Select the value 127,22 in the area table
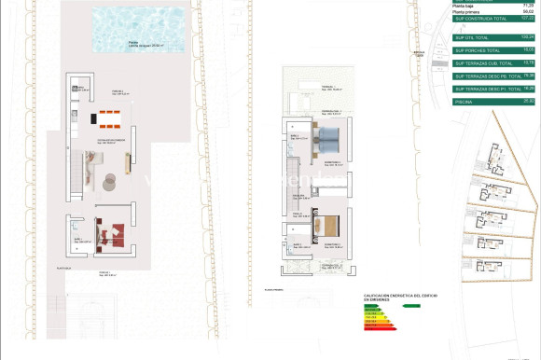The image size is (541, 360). [526, 18]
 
